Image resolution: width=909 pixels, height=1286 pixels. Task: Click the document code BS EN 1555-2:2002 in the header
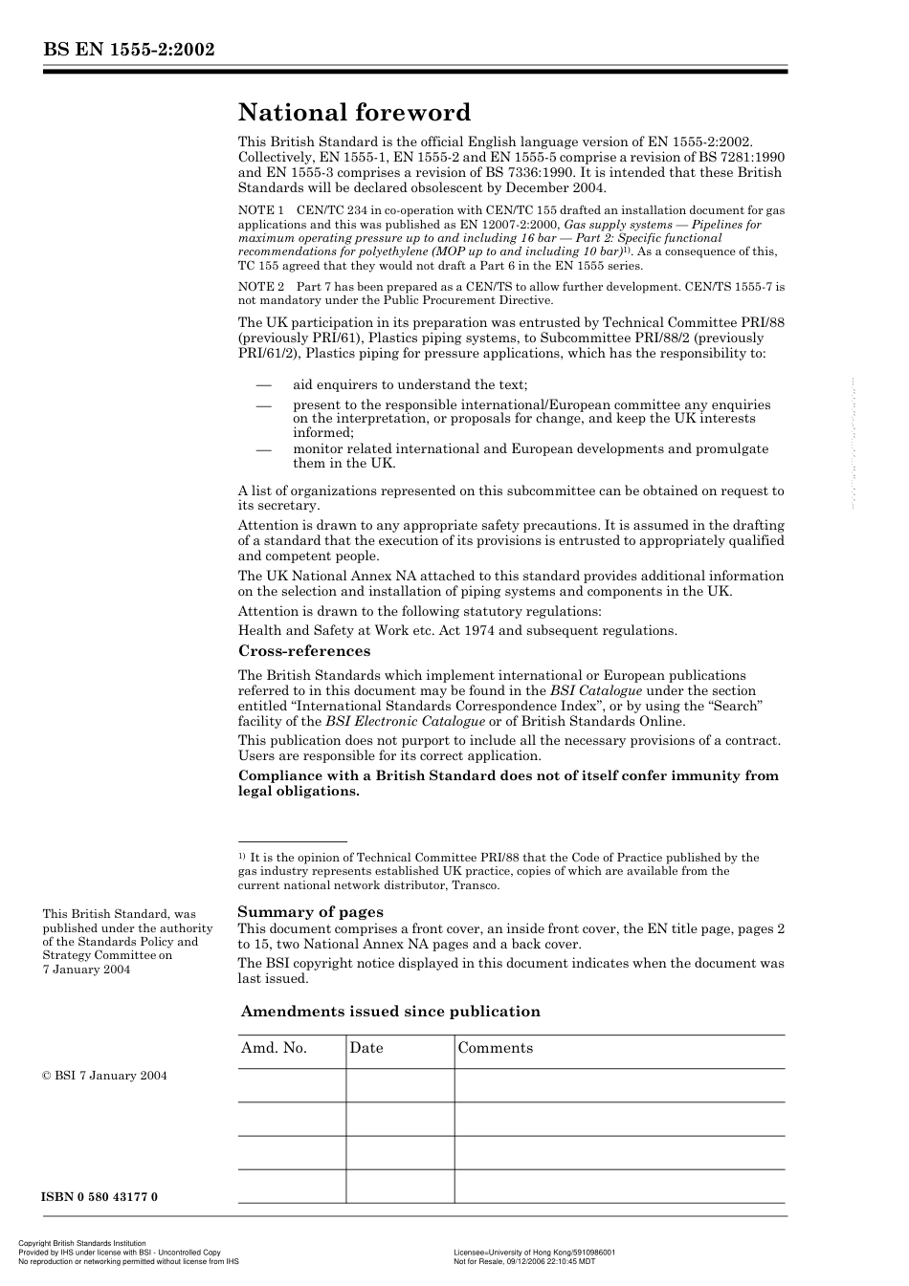tap(128, 51)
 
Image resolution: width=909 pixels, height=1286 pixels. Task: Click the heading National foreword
tap(354, 113)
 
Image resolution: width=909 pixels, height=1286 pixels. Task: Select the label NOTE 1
tap(260, 209)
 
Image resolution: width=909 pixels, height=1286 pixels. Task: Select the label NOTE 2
tap(260, 286)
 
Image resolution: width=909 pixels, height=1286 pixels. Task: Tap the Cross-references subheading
tap(304, 651)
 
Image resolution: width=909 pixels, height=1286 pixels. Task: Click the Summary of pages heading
tap(310, 911)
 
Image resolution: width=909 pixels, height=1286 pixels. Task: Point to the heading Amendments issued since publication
tap(390, 1011)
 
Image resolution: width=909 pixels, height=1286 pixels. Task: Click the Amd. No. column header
tap(274, 1048)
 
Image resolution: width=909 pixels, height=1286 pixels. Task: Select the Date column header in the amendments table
tap(366, 1048)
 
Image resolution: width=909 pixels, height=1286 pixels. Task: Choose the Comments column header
tap(496, 1048)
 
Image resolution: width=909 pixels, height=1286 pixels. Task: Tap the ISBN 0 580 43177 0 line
tap(100, 1197)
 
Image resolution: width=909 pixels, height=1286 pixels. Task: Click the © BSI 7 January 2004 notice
tap(104, 1076)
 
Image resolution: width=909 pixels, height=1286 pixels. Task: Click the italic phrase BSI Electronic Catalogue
tap(405, 722)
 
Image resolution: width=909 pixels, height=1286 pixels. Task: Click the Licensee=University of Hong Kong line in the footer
tap(534, 1252)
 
